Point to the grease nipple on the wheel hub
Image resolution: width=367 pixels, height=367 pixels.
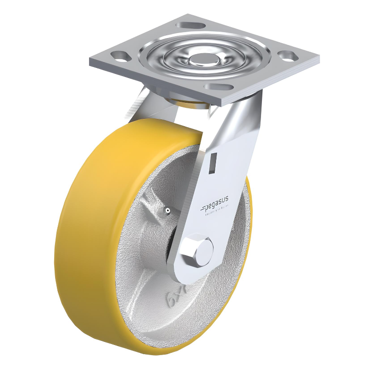(x=168, y=211)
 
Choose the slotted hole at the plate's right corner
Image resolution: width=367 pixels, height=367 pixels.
(x=287, y=56)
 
